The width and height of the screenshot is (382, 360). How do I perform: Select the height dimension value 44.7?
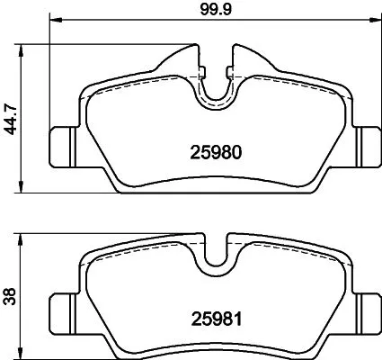pyautogui.click(x=11, y=117)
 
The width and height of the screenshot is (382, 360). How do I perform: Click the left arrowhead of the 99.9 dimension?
pyautogui.click(x=52, y=22)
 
